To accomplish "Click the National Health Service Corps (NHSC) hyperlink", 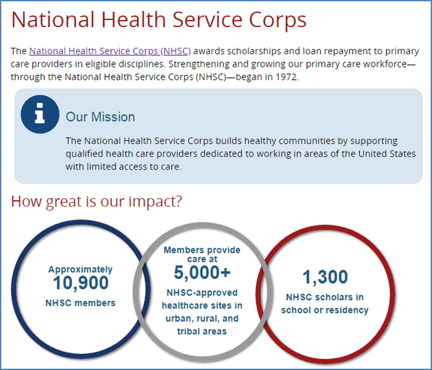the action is click(110, 51).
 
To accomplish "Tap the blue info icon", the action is click(40, 114).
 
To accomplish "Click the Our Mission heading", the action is click(101, 117).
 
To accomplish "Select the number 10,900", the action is click(80, 283).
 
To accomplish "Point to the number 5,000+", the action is click(202, 273).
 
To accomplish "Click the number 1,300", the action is click(325, 277).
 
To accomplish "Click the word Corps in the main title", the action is click(278, 20).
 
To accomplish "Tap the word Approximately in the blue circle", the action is click(80, 270).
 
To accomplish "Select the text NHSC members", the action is click(80, 303).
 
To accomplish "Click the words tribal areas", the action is click(202, 331).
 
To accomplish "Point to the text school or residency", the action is click(325, 310).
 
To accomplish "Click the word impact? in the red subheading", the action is click(156, 202).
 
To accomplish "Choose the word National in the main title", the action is click(53, 20).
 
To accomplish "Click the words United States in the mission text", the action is click(387, 154).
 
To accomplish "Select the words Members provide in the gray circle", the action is click(202, 250).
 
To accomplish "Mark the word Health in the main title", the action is click(134, 20).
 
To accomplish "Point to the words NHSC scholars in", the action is click(325, 297).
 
